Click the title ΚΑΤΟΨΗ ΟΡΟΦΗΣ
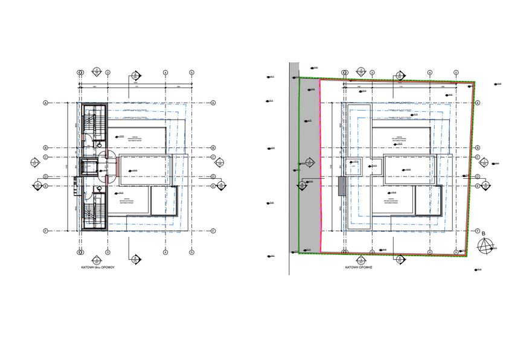click(x=357, y=266)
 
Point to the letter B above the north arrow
click(x=484, y=232)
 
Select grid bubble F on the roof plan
click(x=477, y=231)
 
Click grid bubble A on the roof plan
click(x=477, y=103)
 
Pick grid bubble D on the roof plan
click(x=477, y=176)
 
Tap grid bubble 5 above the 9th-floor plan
click(x=191, y=72)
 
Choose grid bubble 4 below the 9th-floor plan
click(x=165, y=252)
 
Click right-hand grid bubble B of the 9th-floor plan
click(x=214, y=147)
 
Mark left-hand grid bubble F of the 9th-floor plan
click(x=45, y=231)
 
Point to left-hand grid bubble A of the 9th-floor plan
click(x=45, y=103)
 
